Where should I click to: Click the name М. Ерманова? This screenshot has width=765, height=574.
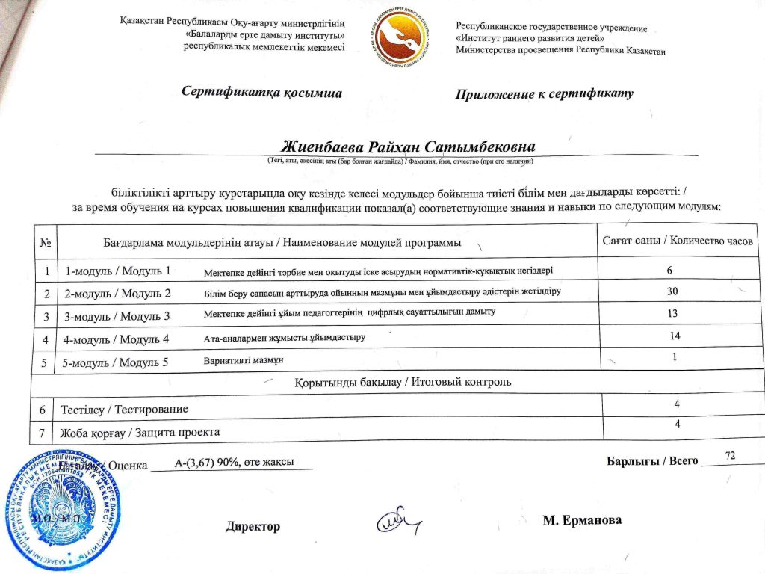582,520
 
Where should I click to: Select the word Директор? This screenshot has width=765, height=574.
253,526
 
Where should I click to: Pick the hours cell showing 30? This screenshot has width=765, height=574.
672,290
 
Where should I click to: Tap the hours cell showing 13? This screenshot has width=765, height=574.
673,313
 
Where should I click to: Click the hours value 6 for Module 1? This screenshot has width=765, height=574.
670,268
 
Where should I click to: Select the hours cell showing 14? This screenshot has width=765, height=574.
675,336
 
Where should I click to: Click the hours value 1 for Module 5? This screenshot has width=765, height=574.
675,357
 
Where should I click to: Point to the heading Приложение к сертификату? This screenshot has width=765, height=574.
544,94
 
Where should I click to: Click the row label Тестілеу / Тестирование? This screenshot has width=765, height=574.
124,409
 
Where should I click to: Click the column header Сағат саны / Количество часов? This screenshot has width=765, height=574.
678,241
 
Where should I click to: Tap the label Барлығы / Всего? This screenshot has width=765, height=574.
652,460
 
